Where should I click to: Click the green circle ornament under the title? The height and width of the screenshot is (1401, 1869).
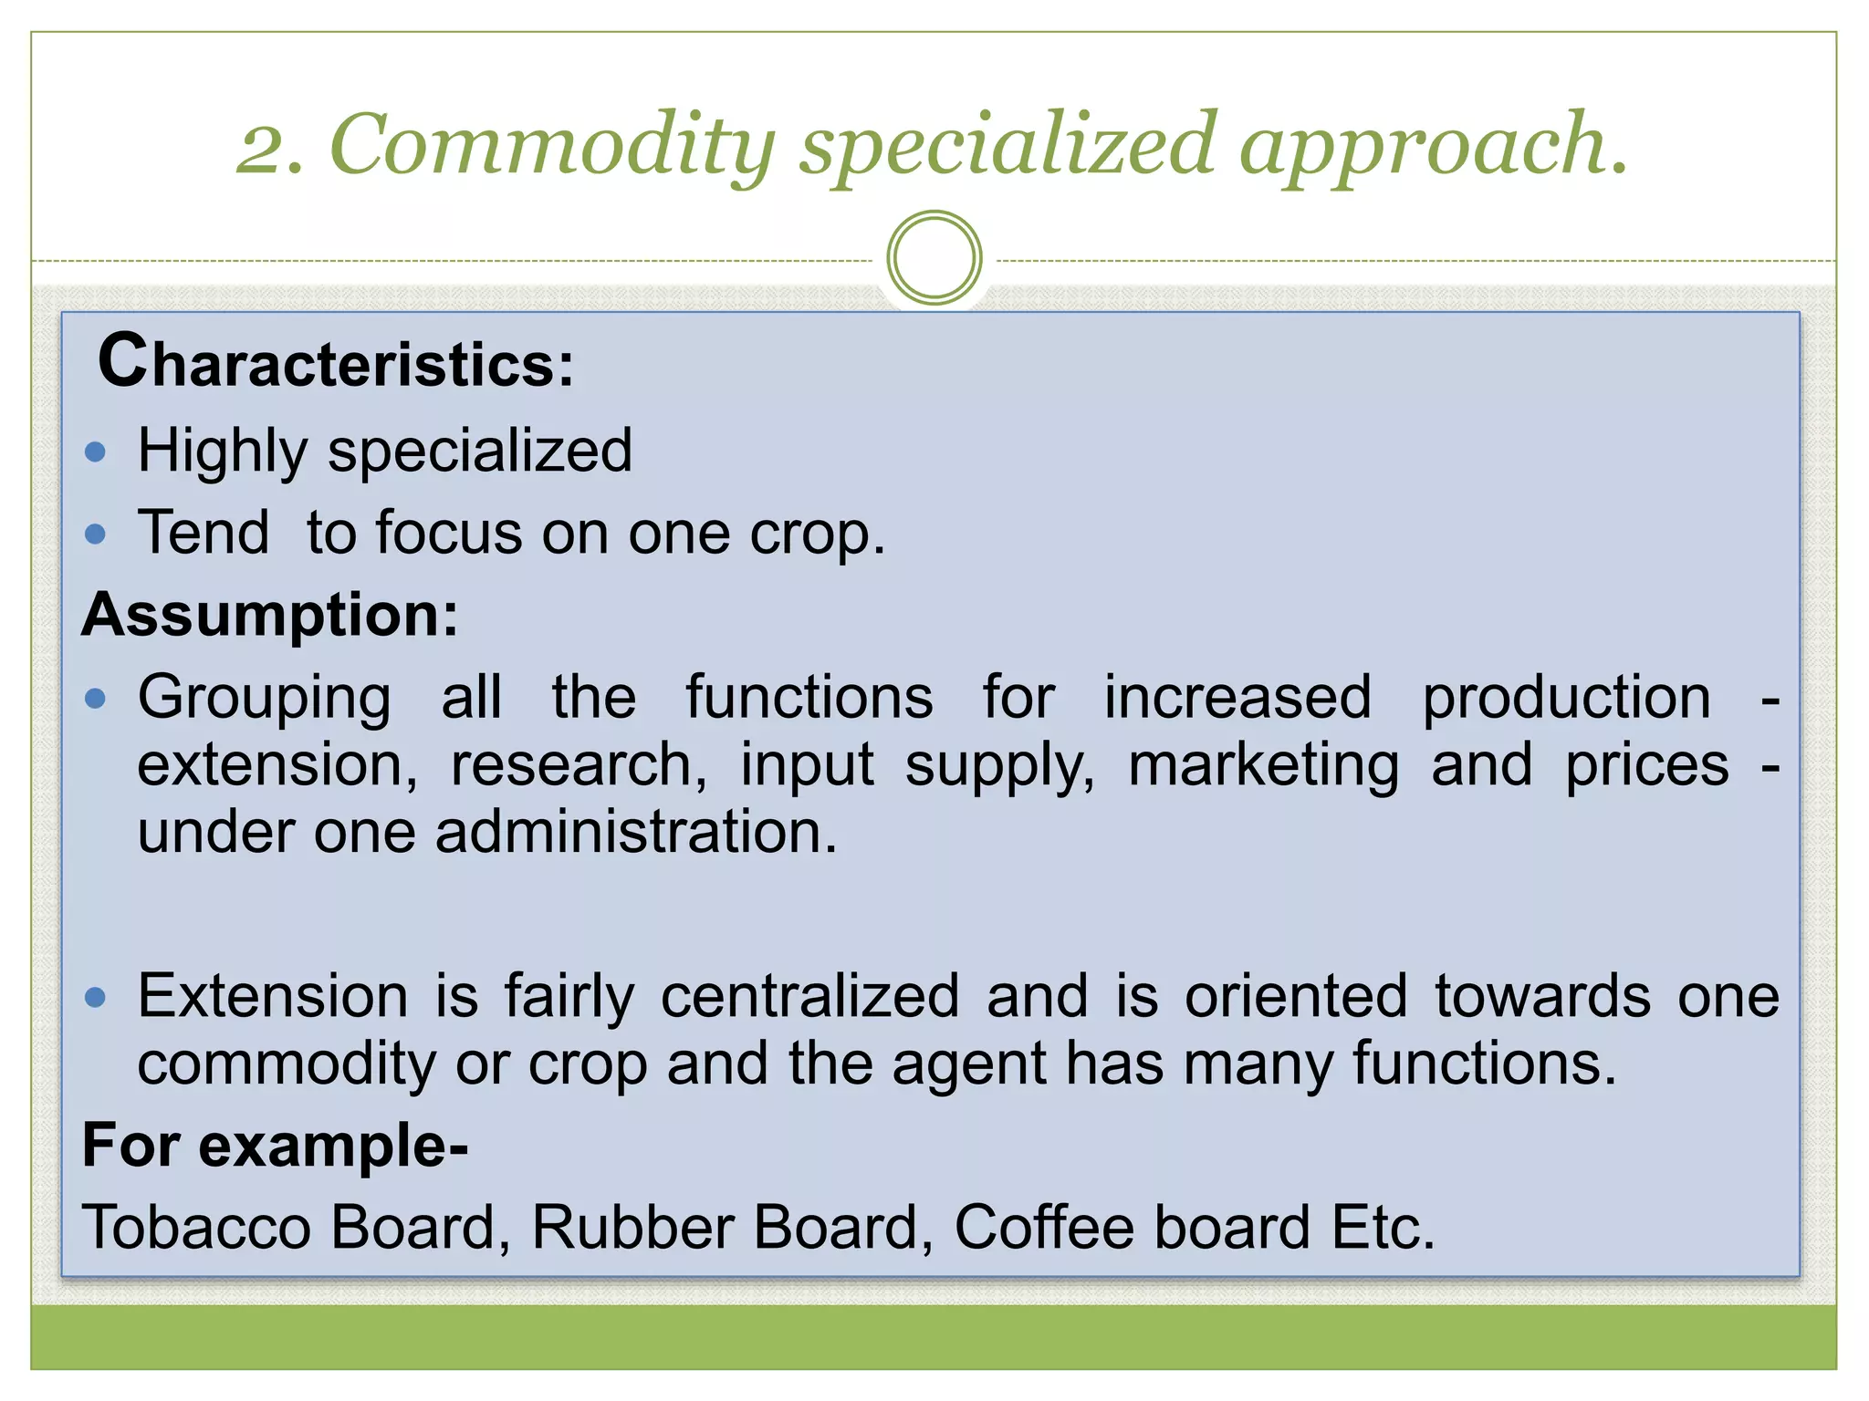934,258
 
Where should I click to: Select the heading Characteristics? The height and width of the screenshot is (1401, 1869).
336,363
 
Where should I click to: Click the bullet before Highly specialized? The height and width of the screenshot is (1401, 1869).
95,451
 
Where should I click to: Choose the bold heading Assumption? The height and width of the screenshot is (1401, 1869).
270,615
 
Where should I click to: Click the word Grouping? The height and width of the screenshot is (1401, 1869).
265,699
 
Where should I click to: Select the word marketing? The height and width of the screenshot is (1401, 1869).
1263,765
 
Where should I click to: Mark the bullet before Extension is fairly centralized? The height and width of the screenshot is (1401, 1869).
95,997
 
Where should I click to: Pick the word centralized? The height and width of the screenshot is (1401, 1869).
809,996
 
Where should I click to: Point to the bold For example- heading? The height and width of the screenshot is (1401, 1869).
275,1146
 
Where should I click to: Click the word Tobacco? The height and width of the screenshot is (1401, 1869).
197,1228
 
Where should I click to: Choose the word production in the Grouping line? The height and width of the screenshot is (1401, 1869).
1566,699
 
